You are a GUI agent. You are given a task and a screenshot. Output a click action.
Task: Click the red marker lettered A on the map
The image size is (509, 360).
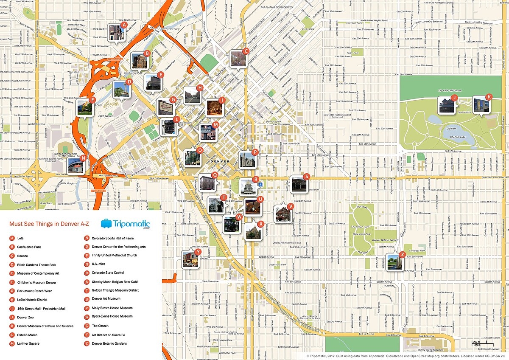[124, 25]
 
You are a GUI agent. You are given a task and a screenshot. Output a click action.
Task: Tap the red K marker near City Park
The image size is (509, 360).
[489, 97]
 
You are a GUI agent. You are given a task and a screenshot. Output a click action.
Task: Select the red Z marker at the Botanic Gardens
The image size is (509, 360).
[403, 255]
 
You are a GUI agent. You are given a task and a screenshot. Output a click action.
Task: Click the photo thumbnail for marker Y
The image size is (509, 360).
[190, 259]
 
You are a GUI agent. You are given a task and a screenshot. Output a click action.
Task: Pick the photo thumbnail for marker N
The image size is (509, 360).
[75, 165]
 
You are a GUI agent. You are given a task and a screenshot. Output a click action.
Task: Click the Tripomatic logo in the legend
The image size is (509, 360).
[126, 224]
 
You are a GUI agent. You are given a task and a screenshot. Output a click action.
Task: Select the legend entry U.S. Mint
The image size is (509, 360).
[101, 264]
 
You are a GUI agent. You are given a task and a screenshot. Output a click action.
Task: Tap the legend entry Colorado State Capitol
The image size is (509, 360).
[108, 273]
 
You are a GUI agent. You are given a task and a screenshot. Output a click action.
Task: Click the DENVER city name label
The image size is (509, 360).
[219, 162]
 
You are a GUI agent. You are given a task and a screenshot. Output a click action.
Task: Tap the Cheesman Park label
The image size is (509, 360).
[362, 233]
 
